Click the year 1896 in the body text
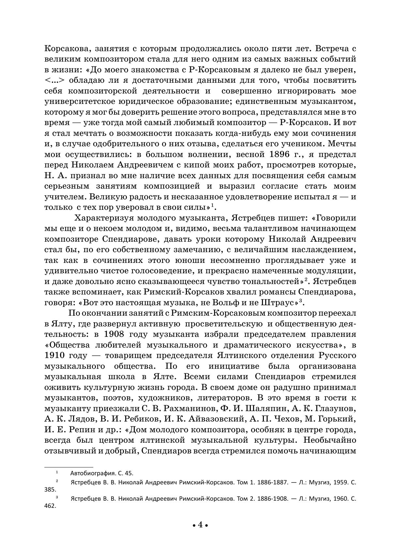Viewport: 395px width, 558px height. click(x=280, y=154)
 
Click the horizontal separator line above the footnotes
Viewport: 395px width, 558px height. click(x=68, y=467)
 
